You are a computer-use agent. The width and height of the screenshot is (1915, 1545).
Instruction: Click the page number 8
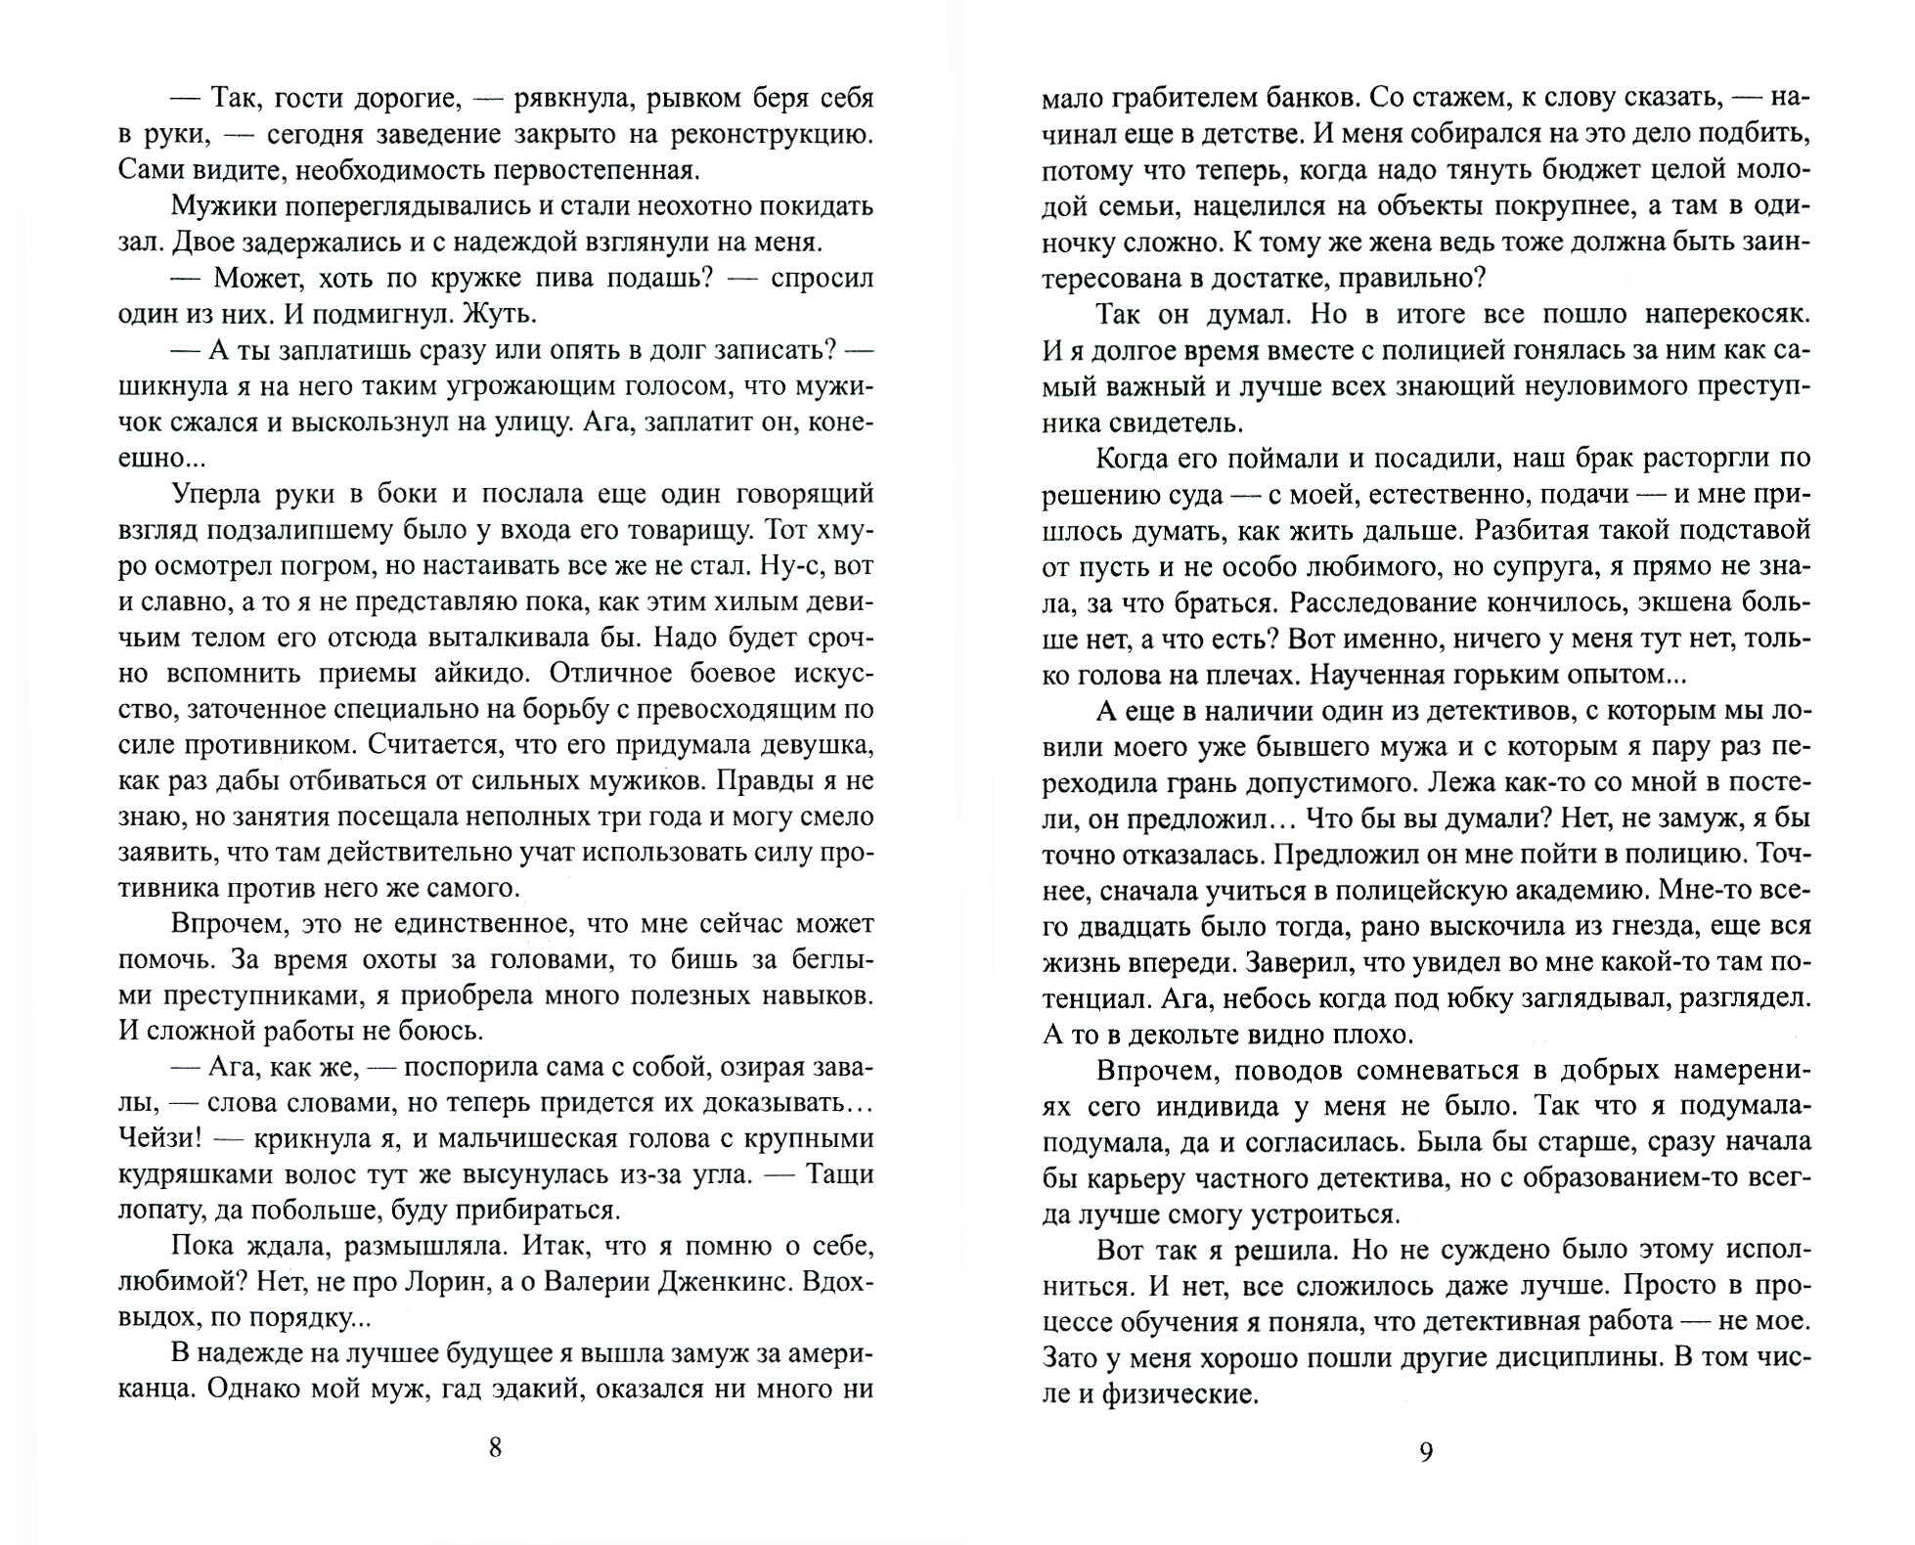click(x=495, y=1447)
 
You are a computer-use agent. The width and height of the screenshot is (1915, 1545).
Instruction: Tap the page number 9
click(x=1426, y=1451)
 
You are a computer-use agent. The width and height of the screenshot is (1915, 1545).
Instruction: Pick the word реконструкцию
click(x=755, y=135)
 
